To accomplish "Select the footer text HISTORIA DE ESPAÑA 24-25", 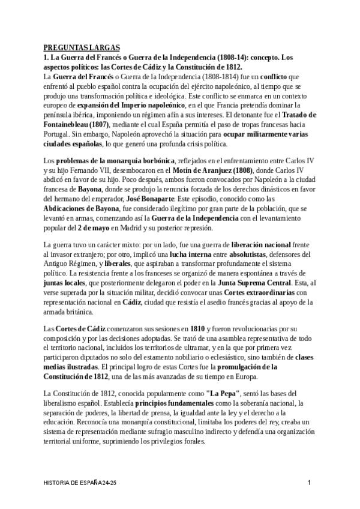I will (x=85, y=483).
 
